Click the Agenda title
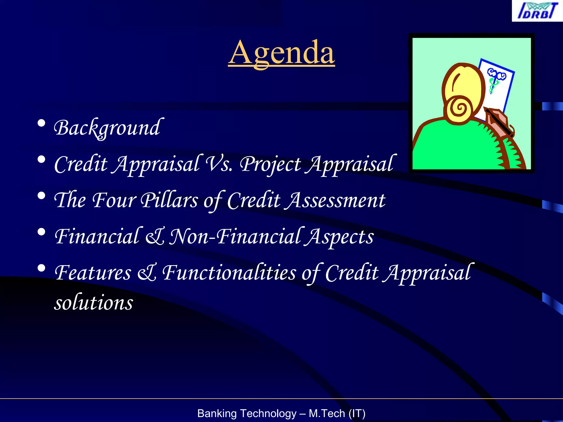click(x=281, y=53)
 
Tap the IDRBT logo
click(x=537, y=11)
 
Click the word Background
click(x=107, y=128)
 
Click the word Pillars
click(x=169, y=200)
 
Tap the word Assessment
click(x=335, y=200)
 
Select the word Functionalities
click(x=230, y=273)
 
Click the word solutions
click(x=93, y=302)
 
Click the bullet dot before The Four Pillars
click(x=42, y=196)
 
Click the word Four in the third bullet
click(x=114, y=200)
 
